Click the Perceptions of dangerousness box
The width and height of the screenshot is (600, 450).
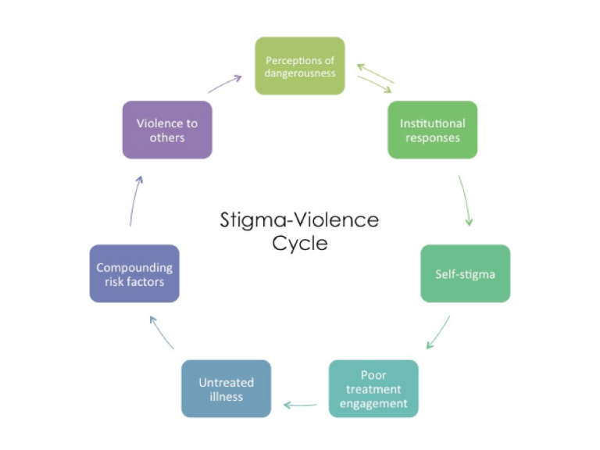[300, 66]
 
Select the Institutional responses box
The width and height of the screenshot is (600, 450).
[432, 130]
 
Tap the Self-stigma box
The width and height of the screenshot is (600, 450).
[466, 273]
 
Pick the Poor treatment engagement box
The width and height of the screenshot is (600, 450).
[373, 388]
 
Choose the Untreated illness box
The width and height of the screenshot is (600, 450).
[226, 388]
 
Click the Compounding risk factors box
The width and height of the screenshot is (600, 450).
[134, 273]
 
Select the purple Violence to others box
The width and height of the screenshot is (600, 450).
[167, 130]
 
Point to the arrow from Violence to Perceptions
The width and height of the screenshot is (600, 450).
[225, 84]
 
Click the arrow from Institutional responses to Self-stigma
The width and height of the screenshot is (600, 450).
[466, 200]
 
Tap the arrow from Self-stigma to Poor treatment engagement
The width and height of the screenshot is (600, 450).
[438, 332]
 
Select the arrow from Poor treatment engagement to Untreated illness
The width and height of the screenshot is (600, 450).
[300, 405]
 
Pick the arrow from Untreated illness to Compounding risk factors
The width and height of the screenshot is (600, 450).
[162, 332]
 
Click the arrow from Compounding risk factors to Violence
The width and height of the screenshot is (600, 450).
[135, 201]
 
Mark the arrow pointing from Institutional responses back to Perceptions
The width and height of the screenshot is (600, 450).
[375, 73]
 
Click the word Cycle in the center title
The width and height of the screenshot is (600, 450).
[300, 244]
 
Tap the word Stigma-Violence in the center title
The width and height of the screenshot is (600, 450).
[299, 220]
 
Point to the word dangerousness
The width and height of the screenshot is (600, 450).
[300, 73]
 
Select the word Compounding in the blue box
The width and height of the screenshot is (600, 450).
[134, 268]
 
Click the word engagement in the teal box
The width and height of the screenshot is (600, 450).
[373, 404]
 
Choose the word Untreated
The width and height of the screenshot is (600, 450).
[226, 382]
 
